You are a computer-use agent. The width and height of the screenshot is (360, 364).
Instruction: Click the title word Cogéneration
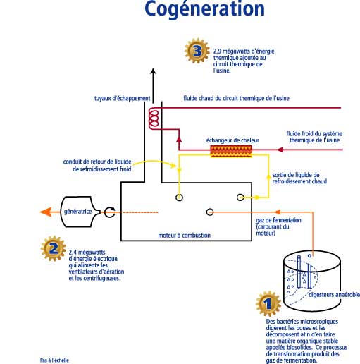coord(204,9)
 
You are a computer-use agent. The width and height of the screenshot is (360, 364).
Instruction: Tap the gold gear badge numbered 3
coord(197,51)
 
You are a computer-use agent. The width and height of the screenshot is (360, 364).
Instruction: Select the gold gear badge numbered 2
coord(54,248)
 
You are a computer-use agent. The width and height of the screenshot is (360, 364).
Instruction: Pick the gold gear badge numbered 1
coord(268,303)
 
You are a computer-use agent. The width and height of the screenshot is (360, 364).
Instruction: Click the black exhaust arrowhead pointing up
coord(153,71)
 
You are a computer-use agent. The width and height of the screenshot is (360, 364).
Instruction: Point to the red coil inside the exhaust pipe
coord(154,119)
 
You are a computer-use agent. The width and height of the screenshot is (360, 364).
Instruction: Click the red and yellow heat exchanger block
coord(231,151)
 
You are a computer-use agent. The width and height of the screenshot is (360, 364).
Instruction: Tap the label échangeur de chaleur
coord(232,140)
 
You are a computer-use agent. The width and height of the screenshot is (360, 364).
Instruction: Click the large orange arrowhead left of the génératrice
coord(46,212)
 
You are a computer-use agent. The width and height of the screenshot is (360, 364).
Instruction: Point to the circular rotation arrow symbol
coord(110,212)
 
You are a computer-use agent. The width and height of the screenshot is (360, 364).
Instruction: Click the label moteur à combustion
coord(185,235)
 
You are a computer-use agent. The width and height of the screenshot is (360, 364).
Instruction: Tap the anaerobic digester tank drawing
coord(312,280)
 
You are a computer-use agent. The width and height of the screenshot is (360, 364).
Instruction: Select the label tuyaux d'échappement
coord(122,98)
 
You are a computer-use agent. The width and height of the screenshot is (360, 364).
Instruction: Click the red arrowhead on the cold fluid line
coord(280,150)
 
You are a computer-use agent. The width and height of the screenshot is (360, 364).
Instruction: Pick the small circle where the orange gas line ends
coord(210,212)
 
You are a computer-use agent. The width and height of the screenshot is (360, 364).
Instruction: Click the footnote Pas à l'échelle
coord(54,360)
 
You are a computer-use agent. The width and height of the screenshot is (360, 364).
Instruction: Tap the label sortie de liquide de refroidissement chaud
coord(299,178)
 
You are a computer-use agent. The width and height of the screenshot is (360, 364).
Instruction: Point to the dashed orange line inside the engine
coord(140,212)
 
